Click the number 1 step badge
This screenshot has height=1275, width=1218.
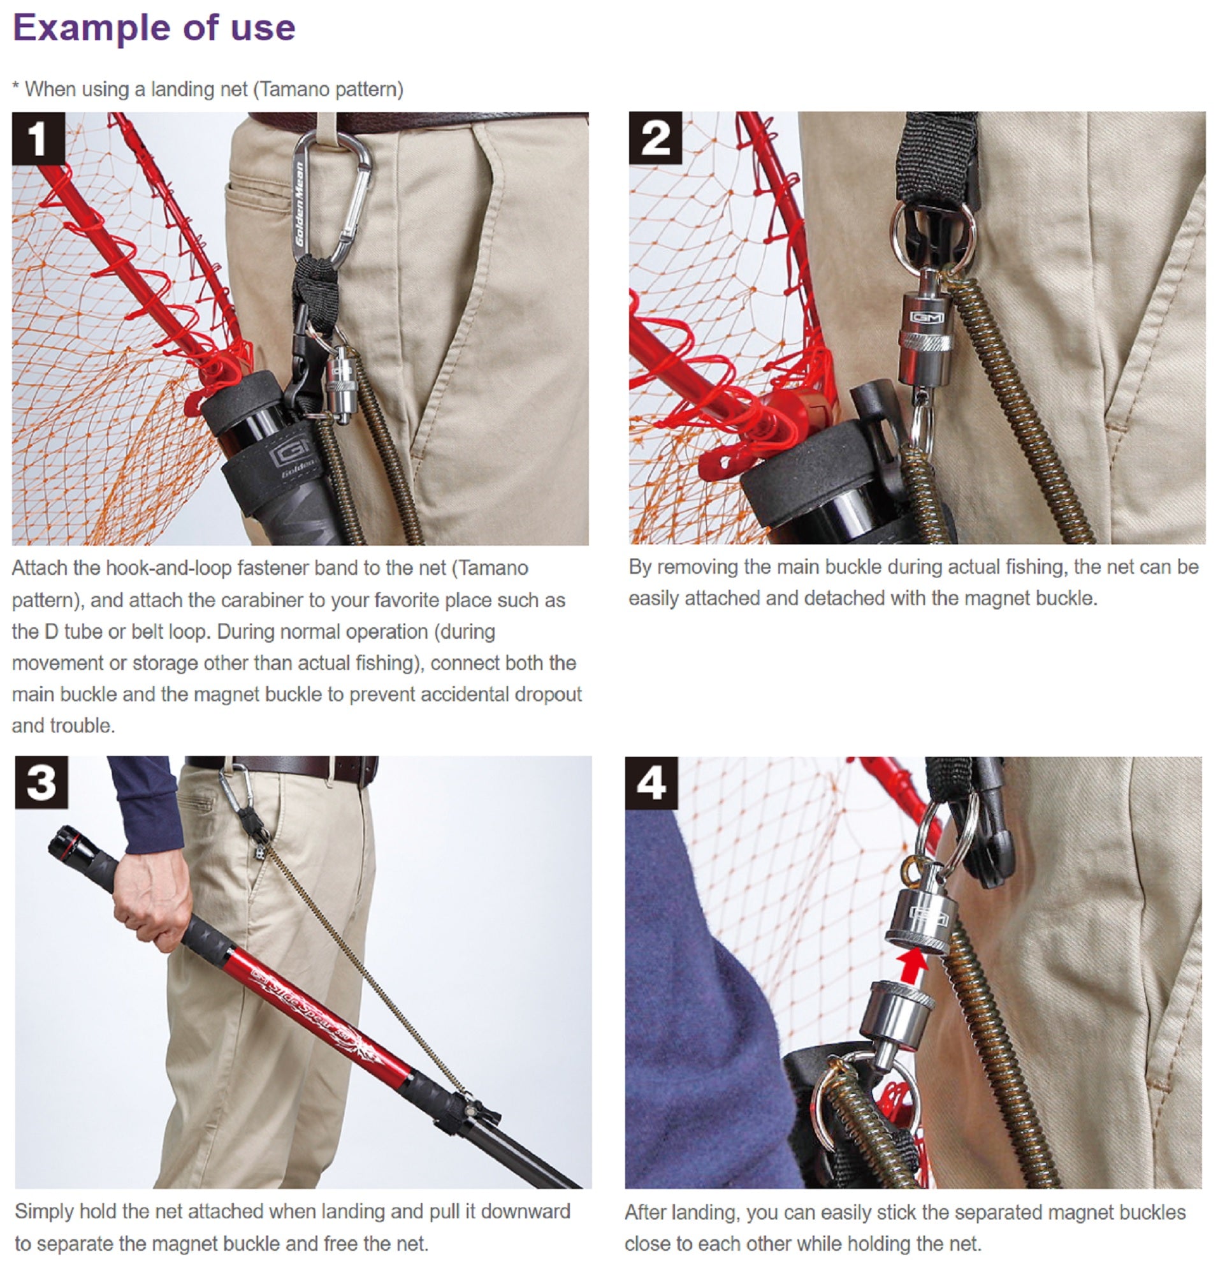[38, 138]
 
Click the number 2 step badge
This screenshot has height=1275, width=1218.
[655, 138]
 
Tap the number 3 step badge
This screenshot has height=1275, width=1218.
[41, 782]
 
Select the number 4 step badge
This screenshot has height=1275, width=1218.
[651, 783]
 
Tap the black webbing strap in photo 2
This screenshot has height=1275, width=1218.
[937, 159]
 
